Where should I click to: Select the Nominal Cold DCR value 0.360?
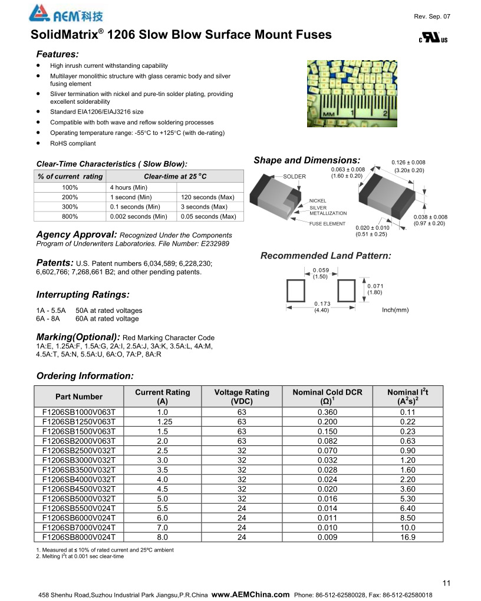(327, 412)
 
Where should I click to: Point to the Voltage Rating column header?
(242, 397)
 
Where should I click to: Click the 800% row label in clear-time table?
(70, 217)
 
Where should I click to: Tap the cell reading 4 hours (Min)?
(129, 187)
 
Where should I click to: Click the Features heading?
(58, 54)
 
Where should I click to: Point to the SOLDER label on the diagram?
(295, 177)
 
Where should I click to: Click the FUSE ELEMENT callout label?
(328, 224)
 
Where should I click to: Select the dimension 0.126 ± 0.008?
(408, 163)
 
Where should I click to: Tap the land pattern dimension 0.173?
(321, 303)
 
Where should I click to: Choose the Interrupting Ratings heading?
(83, 295)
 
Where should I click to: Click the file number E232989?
(213, 243)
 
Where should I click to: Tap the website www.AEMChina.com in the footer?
(251, 594)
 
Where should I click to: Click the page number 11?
(446, 583)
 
